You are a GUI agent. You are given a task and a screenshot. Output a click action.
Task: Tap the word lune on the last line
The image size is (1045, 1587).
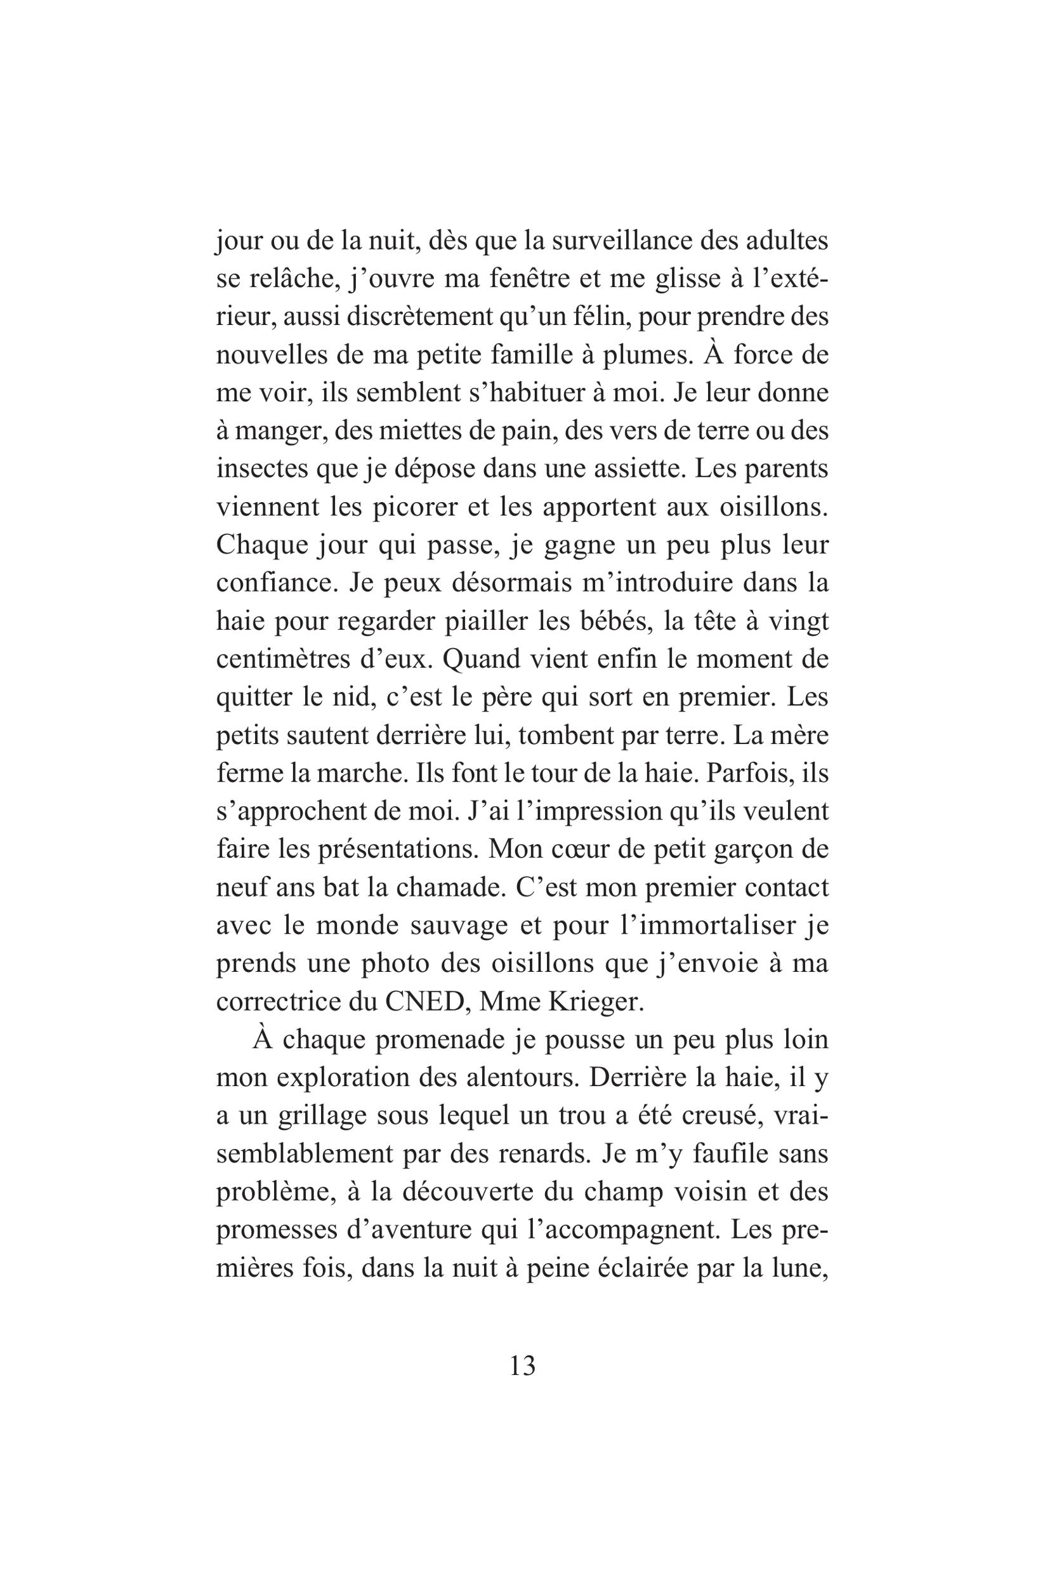click(797, 1268)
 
